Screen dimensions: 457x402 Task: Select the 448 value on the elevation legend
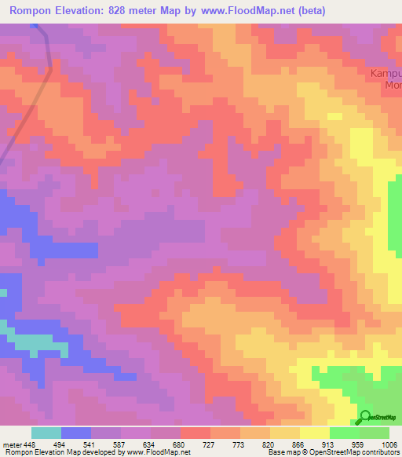(x=29, y=444)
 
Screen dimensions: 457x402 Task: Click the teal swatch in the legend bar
(x=46, y=433)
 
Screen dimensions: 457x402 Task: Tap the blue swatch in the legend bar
(x=76, y=433)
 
